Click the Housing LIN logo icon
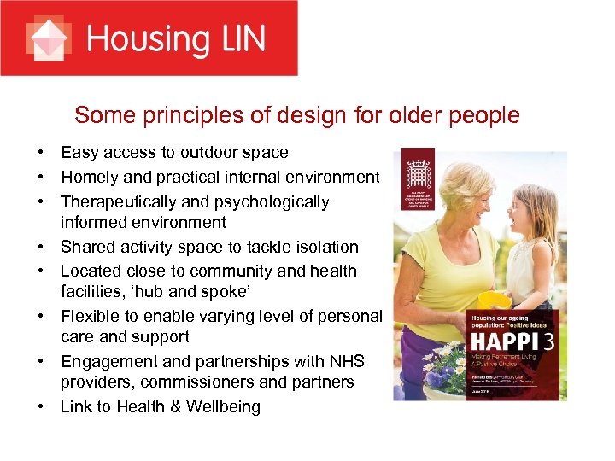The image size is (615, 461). click(48, 38)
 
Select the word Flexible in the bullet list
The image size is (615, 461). click(91, 316)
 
